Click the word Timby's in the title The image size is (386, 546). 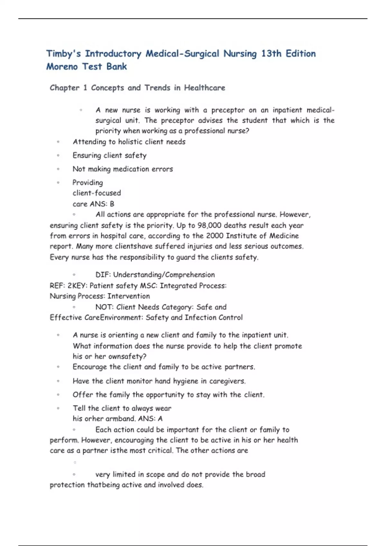[63, 54]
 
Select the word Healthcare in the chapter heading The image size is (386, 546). [205, 88]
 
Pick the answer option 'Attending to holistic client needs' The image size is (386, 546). [129, 142]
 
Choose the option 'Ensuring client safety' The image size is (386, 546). [109, 155]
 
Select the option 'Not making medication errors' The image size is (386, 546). [123, 169]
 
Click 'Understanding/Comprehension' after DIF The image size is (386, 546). [164, 275]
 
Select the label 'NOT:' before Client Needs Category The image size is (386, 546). [104, 307]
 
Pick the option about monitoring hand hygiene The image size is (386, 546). [159, 381]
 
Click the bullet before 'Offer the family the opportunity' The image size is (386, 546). [58, 395]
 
